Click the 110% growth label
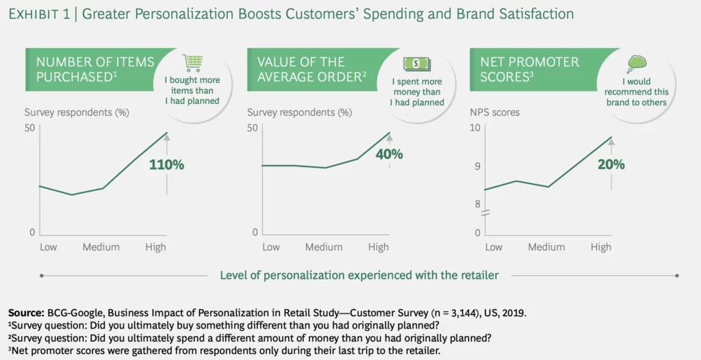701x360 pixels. tap(168, 165)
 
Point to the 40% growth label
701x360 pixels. tap(389, 155)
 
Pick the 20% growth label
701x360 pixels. tap(611, 165)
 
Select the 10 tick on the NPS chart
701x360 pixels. tap(474, 129)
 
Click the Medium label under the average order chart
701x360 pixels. tap(323, 247)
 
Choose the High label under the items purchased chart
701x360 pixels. tap(155, 247)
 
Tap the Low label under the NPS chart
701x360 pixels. tap(493, 247)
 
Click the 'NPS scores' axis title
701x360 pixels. tap(494, 112)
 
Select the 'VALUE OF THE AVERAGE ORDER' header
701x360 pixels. tap(309, 70)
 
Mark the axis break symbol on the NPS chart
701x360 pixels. tap(485, 214)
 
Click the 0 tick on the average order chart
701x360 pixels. tap(254, 233)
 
